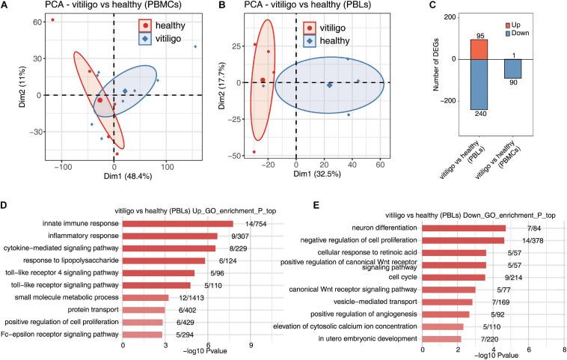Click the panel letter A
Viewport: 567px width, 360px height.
click(x=5, y=7)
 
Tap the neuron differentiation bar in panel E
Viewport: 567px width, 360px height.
click(x=464, y=228)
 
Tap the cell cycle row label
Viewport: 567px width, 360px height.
click(x=399, y=277)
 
